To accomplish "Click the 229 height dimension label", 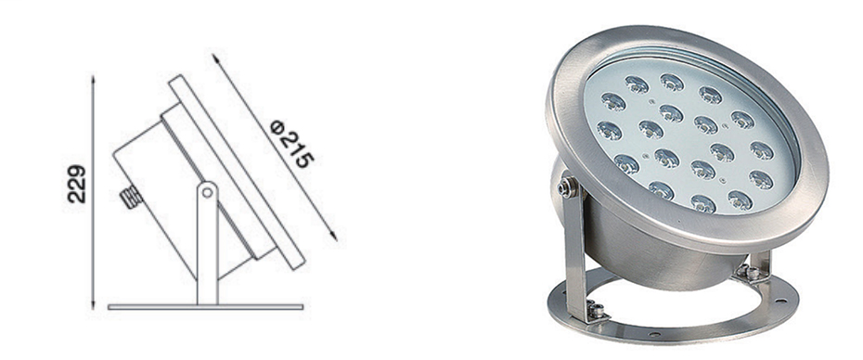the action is pyautogui.click(x=77, y=184).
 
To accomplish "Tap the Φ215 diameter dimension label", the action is pyautogui.click(x=292, y=144).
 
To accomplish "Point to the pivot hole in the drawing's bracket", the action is pyautogui.click(x=207, y=192).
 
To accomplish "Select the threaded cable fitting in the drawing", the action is pyautogui.click(x=132, y=197).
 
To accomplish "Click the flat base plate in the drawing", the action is pyautogui.click(x=205, y=306).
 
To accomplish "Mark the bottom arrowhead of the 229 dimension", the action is pyautogui.click(x=93, y=303).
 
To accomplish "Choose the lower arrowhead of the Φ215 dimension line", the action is pyautogui.click(x=332, y=235).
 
